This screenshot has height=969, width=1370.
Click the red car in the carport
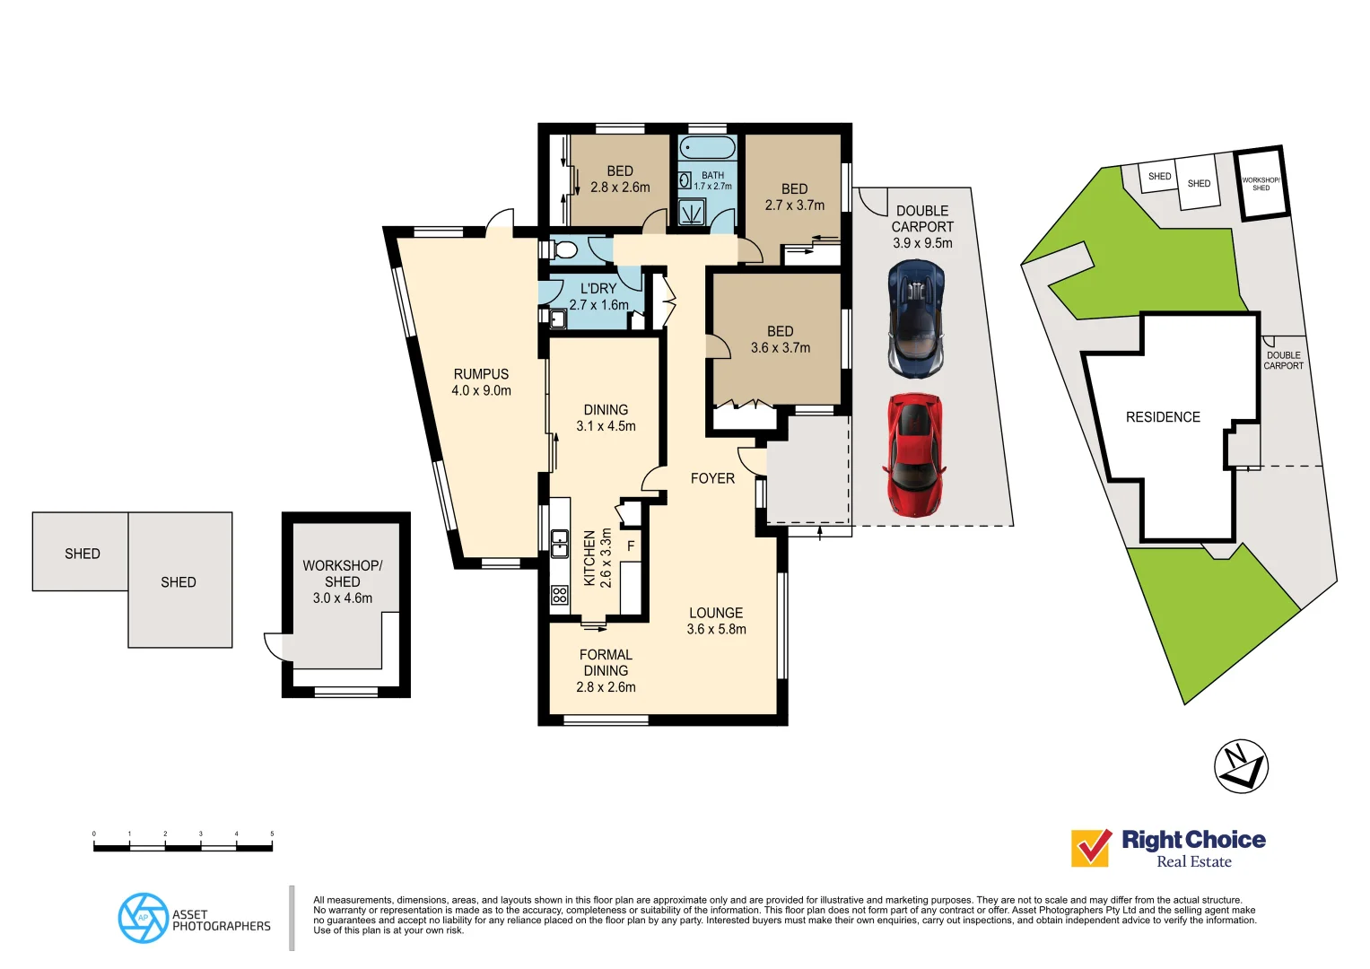tap(914, 455)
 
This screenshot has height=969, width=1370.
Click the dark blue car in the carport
tap(915, 319)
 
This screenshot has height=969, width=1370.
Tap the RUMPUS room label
tap(481, 382)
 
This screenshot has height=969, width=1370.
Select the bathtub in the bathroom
tap(707, 148)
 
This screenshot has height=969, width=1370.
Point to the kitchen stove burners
tap(560, 594)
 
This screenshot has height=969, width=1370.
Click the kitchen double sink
tap(560, 543)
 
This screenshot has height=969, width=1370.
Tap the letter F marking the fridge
tap(631, 546)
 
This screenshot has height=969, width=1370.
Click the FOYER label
tap(712, 478)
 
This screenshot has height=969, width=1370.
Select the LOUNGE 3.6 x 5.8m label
tap(716, 621)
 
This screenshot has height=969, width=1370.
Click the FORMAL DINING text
tap(606, 663)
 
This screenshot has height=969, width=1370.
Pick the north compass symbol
tap(1241, 766)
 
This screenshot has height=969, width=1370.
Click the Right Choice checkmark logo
tap(1091, 848)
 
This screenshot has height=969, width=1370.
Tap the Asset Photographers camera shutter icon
tap(143, 918)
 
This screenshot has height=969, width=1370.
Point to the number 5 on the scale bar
tap(272, 834)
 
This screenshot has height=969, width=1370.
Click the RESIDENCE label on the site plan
tap(1163, 417)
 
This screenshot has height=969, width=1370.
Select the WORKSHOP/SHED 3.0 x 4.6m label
tap(342, 581)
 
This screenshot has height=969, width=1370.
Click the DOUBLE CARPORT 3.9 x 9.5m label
tap(922, 227)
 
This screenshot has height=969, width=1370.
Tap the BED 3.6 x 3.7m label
tap(780, 340)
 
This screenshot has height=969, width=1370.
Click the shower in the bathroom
tap(692, 213)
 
